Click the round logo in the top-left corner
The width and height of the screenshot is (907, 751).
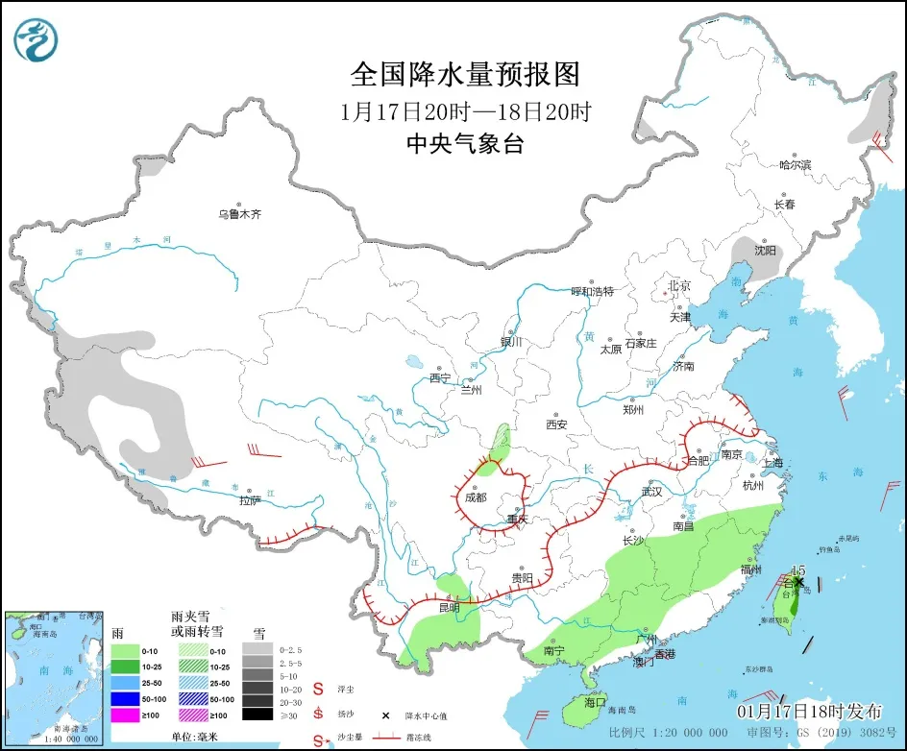37,38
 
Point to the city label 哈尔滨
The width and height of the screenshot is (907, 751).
795,165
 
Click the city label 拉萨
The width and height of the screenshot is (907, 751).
250,500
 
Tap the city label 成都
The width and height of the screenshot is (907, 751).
475,497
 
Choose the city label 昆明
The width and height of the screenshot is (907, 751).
448,608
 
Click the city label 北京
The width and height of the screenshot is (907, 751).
679,286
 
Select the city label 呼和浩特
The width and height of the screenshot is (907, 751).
592,291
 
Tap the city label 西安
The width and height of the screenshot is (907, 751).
557,424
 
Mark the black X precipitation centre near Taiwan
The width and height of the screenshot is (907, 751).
797,582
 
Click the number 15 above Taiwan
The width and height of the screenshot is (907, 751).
797,570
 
